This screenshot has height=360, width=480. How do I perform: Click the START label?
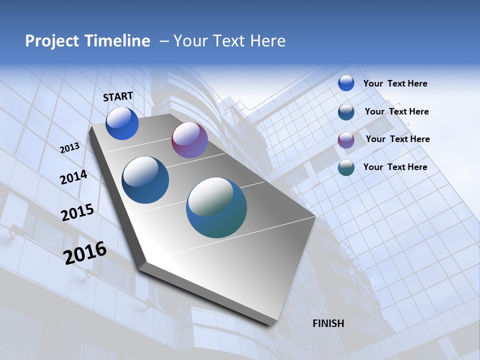pos(118,96)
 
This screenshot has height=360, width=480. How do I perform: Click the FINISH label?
pos(328,323)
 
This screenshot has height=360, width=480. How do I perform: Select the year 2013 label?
pos(70,148)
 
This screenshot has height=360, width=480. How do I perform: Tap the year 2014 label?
pos(73,177)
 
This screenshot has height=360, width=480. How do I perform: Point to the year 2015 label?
pos(77,212)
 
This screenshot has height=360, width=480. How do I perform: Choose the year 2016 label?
pos(85,253)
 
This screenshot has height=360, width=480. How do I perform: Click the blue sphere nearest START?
pos(122,123)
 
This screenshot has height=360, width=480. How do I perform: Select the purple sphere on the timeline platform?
pos(189,140)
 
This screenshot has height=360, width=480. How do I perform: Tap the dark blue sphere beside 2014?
pos(145,180)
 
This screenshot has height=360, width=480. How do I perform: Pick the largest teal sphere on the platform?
pos(216,207)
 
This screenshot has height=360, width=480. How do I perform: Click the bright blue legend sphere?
pos(346,83)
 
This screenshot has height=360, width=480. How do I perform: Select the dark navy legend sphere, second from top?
pos(346,112)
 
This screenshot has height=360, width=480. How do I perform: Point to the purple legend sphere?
pos(346,140)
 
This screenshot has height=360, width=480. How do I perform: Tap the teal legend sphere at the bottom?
pos(346,168)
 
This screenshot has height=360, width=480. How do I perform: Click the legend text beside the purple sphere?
pos(397,139)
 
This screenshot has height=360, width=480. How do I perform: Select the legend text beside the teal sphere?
pos(395,167)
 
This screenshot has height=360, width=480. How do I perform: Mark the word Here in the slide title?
pos(267,41)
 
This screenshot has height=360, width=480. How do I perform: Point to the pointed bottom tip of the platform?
pos(272,324)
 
